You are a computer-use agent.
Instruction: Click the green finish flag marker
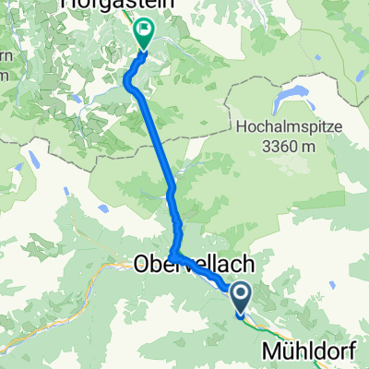point(145,34)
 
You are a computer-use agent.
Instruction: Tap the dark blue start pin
point(240,297)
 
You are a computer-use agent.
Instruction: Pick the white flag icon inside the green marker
point(145,30)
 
